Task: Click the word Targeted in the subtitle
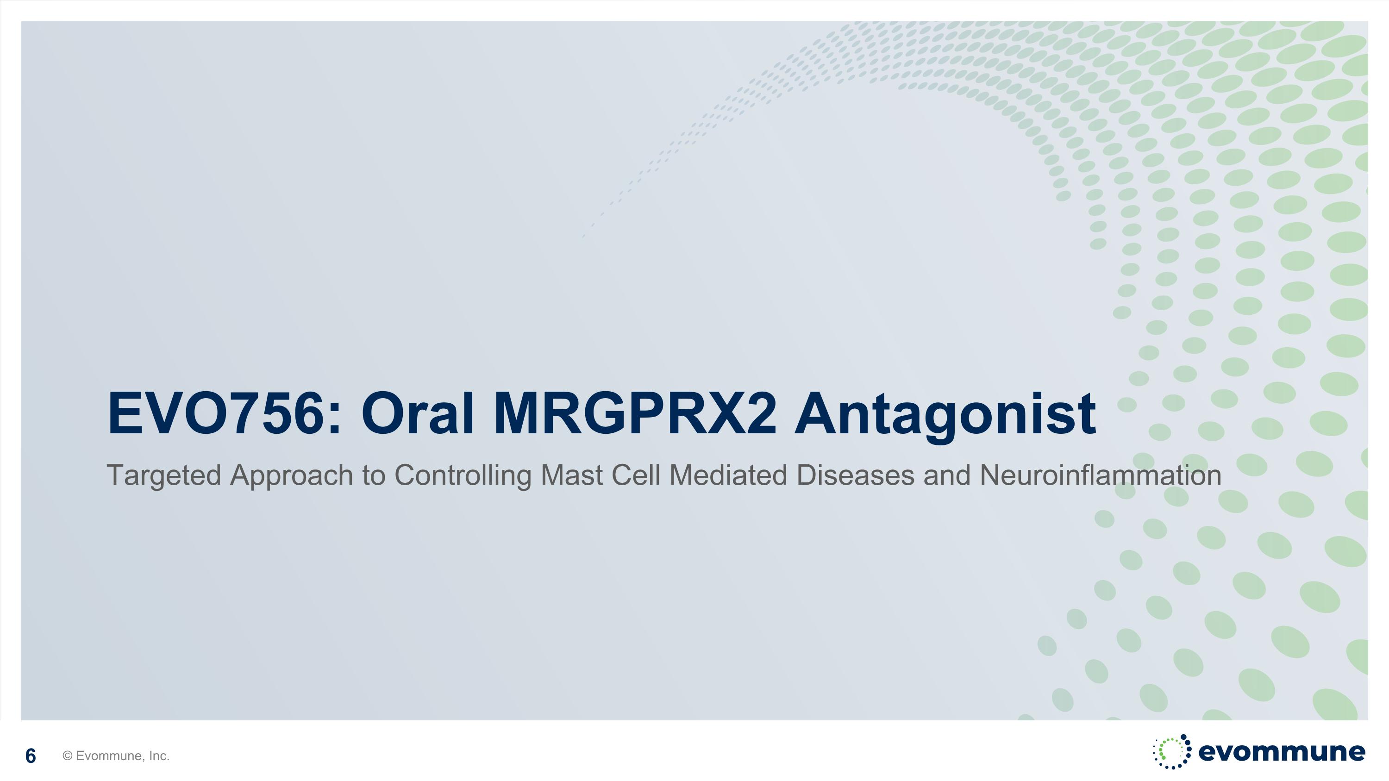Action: click(164, 476)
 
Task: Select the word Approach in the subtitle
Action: click(292, 476)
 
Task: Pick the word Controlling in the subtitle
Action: click(463, 476)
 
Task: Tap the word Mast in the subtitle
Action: click(571, 475)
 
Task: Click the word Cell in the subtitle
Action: click(636, 475)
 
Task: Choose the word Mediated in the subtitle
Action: click(728, 475)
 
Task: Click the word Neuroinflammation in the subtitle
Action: click(1101, 475)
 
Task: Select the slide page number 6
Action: click(31, 756)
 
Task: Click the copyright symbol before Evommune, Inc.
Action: click(68, 756)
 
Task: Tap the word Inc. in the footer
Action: click(159, 756)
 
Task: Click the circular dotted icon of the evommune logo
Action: click(1172, 751)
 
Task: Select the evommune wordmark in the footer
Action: click(1282, 752)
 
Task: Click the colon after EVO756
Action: click(334, 420)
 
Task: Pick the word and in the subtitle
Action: click(947, 475)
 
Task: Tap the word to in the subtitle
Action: click(374, 476)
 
